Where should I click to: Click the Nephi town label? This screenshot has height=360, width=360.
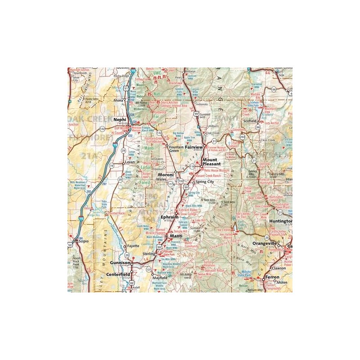click(x=120, y=119)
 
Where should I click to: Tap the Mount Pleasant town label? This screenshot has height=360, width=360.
click(x=210, y=162)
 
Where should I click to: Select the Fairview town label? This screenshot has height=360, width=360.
click(x=194, y=147)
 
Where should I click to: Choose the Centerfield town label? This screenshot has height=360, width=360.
click(x=118, y=273)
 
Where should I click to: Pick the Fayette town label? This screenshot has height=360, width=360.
click(x=133, y=246)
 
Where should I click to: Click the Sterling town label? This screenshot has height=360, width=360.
click(x=148, y=254)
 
